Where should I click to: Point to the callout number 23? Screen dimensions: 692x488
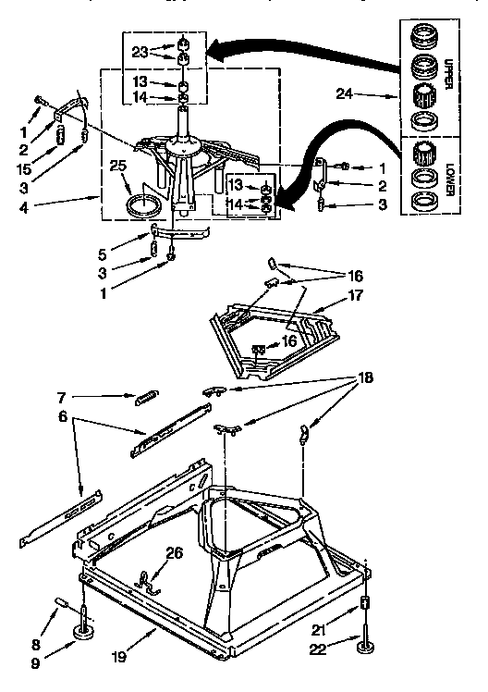140,52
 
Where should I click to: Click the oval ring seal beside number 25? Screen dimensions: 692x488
143,205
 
